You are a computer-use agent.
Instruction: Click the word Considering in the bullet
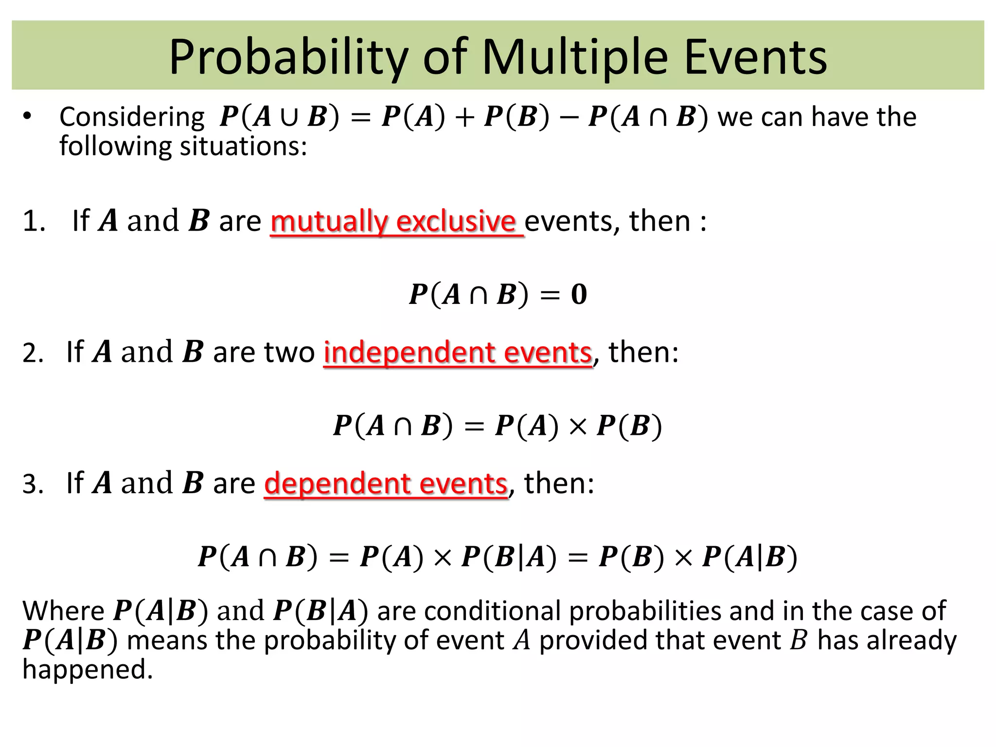point(132,117)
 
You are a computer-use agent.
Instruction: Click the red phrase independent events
point(458,352)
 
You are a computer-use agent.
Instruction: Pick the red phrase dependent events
point(386,483)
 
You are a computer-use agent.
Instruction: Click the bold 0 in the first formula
point(579,294)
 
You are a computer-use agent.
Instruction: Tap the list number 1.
point(34,221)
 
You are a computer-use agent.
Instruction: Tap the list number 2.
point(33,353)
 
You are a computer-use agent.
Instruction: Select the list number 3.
point(33,484)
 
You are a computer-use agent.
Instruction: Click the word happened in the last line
point(88,669)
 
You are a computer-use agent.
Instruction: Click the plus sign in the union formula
point(465,118)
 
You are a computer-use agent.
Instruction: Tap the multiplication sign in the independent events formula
point(578,427)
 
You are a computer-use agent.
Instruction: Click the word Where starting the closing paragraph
point(63,611)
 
